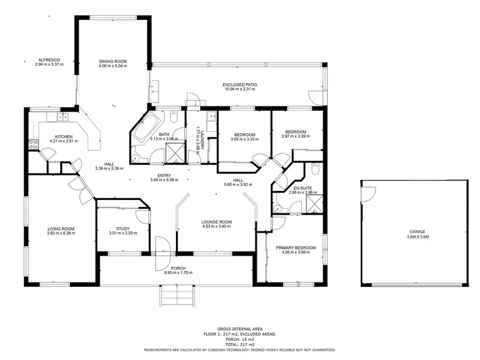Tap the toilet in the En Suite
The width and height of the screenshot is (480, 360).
(x=314, y=169)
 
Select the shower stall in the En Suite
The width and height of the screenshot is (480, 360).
(x=314, y=202)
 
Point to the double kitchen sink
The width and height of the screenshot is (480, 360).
(x=63, y=117)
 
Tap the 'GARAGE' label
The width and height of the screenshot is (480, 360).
(x=417, y=231)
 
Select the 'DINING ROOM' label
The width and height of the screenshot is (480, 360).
(x=113, y=61)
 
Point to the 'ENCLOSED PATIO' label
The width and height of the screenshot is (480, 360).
(x=239, y=85)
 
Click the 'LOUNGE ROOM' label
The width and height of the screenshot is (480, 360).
(x=216, y=222)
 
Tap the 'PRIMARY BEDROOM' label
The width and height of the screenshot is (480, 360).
(x=296, y=247)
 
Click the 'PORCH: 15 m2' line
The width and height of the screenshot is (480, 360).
(x=239, y=340)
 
